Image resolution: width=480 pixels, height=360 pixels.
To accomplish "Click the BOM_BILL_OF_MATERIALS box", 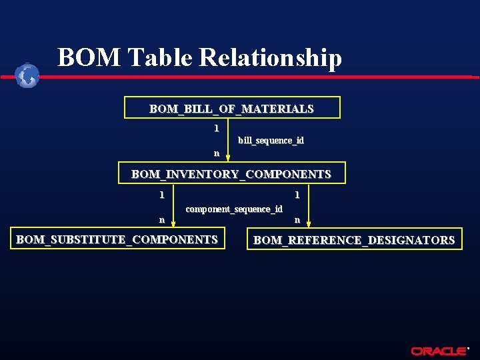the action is [x=232, y=108].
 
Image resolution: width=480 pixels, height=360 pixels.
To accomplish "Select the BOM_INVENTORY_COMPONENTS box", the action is [x=231, y=173].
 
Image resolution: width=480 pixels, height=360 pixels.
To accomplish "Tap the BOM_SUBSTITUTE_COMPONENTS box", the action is [x=117, y=239].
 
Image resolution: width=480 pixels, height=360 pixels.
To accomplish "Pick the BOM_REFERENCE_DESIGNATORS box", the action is [x=354, y=240].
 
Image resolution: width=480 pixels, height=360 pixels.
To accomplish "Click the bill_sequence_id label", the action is [x=271, y=140].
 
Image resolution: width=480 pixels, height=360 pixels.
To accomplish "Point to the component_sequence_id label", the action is [x=234, y=209].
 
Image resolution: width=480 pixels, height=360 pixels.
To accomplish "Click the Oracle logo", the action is [x=439, y=351].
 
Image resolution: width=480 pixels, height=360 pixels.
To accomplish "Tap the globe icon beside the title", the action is [x=27, y=75].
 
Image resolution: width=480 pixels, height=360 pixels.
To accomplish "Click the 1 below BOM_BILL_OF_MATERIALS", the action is [x=215, y=127].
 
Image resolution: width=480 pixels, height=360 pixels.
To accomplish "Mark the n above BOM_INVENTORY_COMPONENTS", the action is [x=216, y=153].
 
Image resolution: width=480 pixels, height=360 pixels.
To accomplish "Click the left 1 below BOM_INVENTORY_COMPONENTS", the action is [x=161, y=195].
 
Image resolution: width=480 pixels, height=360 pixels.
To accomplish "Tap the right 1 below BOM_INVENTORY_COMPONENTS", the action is [x=297, y=195].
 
